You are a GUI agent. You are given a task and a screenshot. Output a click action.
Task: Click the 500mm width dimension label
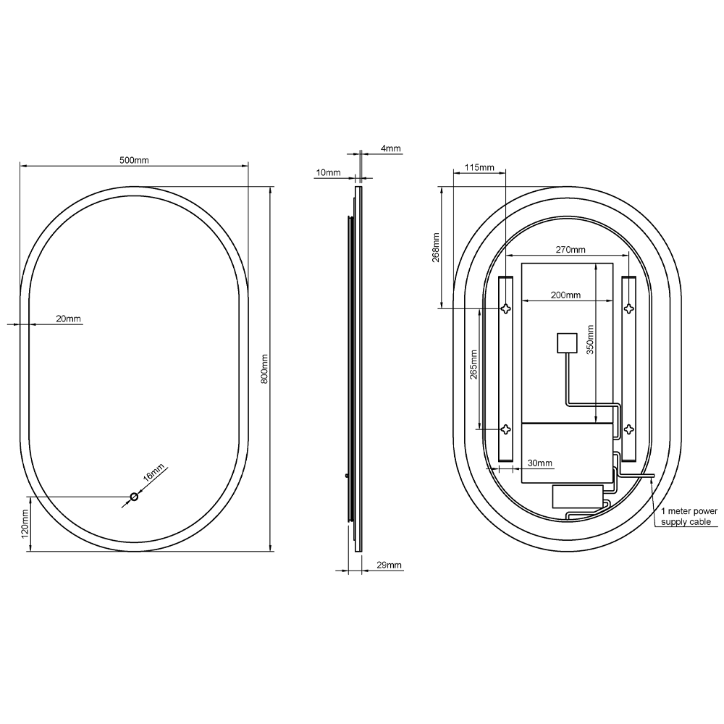pyautogui.click(x=134, y=161)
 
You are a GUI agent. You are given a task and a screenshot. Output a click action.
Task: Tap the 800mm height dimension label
pyautogui.click(x=265, y=369)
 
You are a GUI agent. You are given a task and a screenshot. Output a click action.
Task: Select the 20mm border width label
pyautogui.click(x=69, y=319)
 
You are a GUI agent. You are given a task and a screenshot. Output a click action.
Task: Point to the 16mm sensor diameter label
pyautogui.click(x=154, y=474)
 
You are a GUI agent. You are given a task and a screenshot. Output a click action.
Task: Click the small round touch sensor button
pyautogui.click(x=134, y=497)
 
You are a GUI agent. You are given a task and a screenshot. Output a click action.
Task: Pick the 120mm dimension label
pyautogui.click(x=24, y=523)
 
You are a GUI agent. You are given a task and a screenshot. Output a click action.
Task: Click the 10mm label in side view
pyautogui.click(x=328, y=172)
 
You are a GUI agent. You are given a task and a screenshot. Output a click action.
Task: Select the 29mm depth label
pyautogui.click(x=390, y=565)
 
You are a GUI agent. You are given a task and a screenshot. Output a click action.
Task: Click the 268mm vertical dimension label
pyautogui.click(x=435, y=247)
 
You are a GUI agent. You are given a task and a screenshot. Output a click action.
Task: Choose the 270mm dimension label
pyautogui.click(x=571, y=250)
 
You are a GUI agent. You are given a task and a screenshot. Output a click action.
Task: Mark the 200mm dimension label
pyautogui.click(x=565, y=295)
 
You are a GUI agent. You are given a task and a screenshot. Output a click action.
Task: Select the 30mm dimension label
pyautogui.click(x=540, y=463)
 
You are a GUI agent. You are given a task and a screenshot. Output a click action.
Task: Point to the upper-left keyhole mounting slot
pyautogui.click(x=507, y=309)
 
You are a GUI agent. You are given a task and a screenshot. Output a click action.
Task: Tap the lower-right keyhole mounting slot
pyautogui.click(x=629, y=428)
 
